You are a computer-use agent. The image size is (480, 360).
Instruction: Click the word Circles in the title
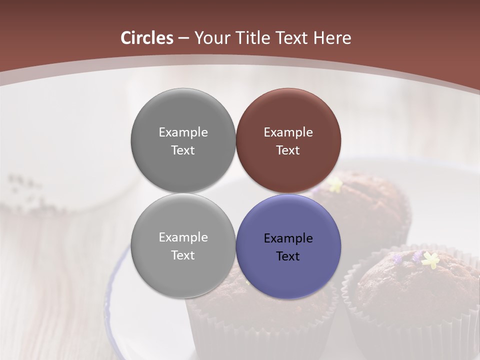tap(146, 38)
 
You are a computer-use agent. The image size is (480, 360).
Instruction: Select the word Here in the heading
tap(332, 38)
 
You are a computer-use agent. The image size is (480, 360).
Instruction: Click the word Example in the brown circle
tap(288, 132)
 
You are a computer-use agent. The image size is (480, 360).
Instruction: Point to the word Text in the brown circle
tap(288, 150)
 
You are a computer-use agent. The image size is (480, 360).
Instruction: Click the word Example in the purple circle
tap(288, 238)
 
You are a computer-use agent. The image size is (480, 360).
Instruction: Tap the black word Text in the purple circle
tap(288, 256)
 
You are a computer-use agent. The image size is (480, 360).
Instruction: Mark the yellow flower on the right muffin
tap(430, 259)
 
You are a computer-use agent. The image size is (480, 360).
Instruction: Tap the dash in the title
tap(183, 38)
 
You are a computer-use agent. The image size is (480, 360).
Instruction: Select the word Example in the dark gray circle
tap(183, 132)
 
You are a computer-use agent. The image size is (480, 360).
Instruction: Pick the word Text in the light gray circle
tap(183, 255)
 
